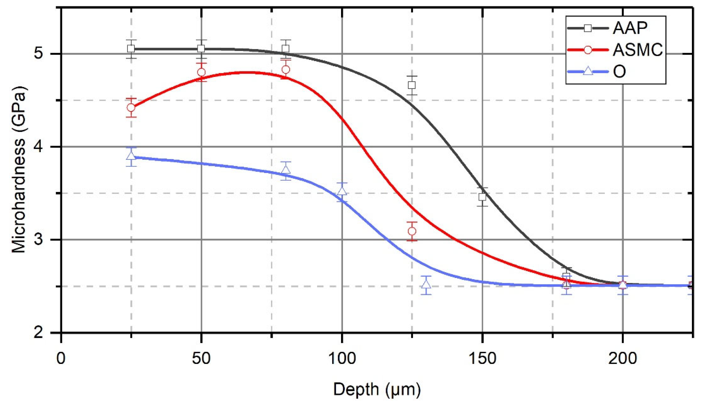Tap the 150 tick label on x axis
point(482,358)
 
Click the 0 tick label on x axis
point(61,358)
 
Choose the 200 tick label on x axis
point(622,358)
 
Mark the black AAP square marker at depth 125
point(412,85)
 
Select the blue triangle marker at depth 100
point(342,192)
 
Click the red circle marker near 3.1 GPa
point(412,231)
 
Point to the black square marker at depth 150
point(482,197)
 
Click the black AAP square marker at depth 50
point(201,49)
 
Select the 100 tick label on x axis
point(342,358)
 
